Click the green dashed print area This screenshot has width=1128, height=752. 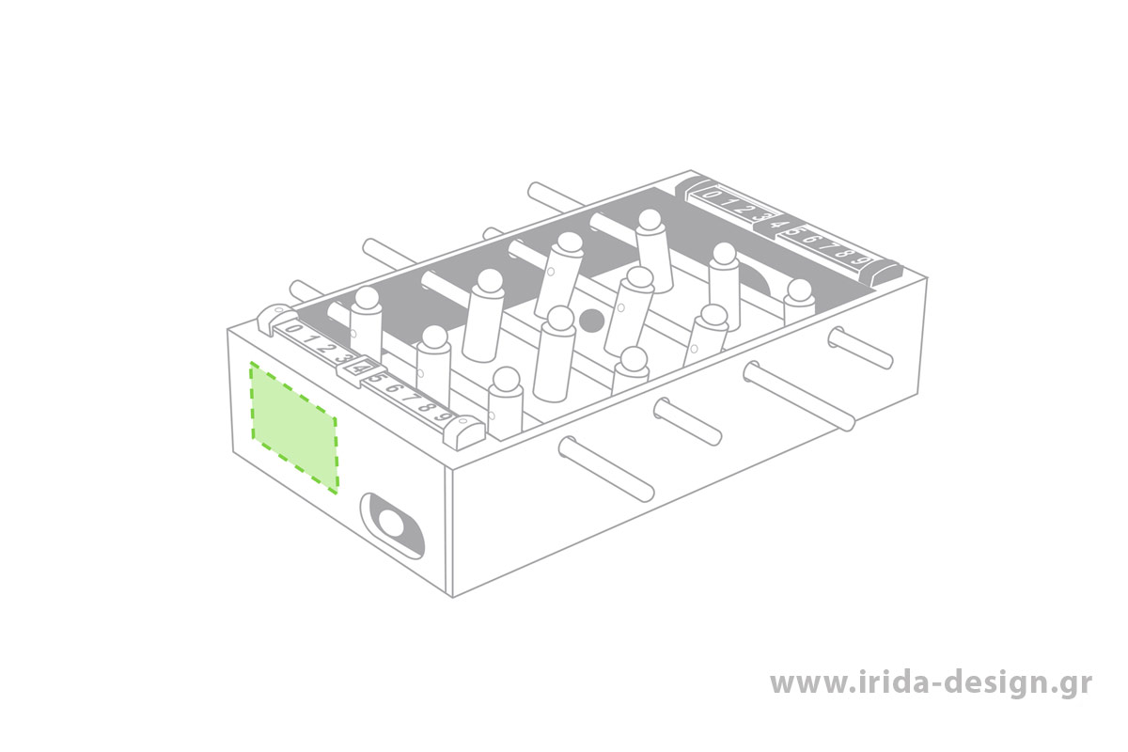294,427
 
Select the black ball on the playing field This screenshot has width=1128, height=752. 592,321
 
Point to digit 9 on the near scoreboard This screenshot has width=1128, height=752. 443,416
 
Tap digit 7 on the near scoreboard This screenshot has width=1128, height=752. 411,398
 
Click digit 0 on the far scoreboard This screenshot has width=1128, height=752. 711,195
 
